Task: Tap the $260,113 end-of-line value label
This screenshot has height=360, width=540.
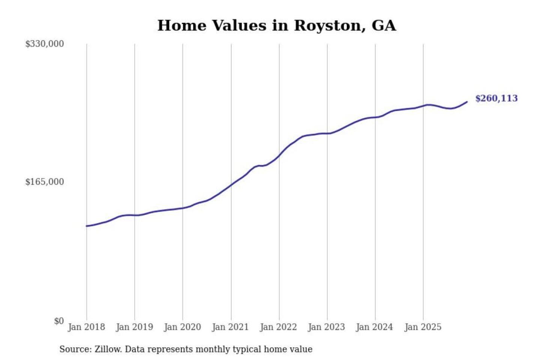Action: (496, 98)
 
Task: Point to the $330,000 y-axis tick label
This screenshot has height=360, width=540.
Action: (44, 44)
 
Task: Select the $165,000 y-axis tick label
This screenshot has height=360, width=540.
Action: (44, 182)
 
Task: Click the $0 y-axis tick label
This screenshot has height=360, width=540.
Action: (59, 321)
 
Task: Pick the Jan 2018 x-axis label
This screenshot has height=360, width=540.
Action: (86, 327)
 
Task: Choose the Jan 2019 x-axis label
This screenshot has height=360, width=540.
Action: (134, 327)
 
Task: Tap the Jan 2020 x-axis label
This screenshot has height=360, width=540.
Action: (182, 327)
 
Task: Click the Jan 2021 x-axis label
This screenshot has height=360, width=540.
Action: (230, 327)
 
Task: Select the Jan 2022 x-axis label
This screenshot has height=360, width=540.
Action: (278, 327)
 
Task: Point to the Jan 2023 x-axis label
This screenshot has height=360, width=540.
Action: (326, 327)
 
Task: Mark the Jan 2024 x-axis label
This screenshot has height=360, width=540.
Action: (374, 327)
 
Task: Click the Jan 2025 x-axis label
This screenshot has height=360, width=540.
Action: (423, 327)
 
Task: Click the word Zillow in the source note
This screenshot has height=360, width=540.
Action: (108, 349)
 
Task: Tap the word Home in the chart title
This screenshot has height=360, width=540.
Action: (182, 25)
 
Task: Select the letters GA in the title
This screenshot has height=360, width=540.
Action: (384, 25)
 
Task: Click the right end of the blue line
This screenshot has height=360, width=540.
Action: (467, 102)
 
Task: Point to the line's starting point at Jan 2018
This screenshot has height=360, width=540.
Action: (87, 226)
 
